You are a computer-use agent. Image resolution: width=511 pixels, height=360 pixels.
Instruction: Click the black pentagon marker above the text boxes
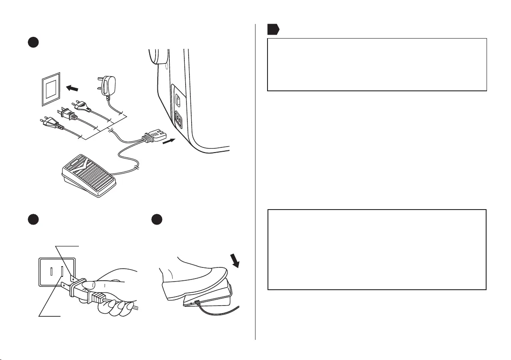[x=273, y=29]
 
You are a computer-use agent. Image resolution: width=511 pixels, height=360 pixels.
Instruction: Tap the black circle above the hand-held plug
[x=32, y=219]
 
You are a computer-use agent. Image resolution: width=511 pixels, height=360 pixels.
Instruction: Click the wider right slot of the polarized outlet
[x=62, y=272]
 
